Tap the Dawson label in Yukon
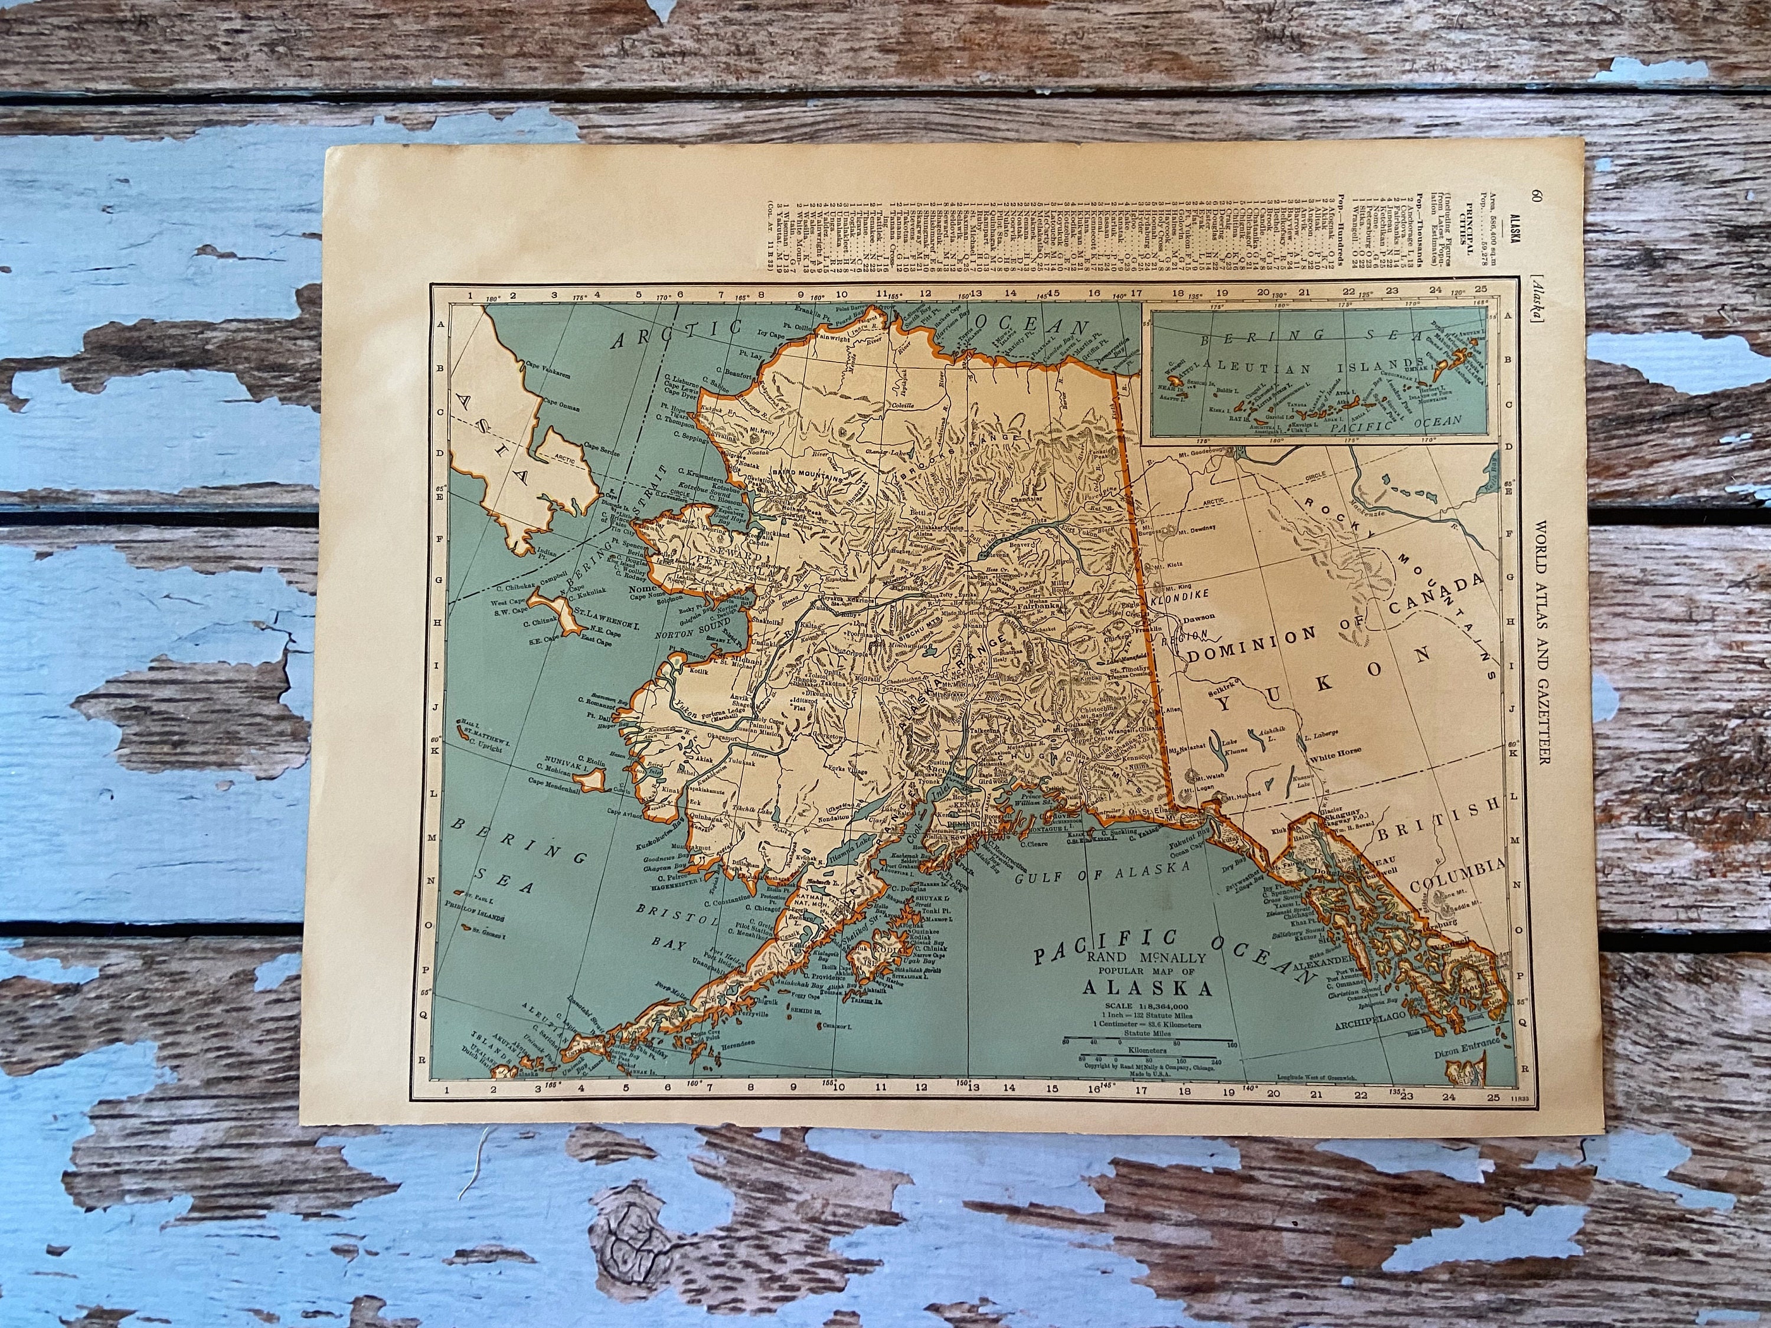click(1198, 617)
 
